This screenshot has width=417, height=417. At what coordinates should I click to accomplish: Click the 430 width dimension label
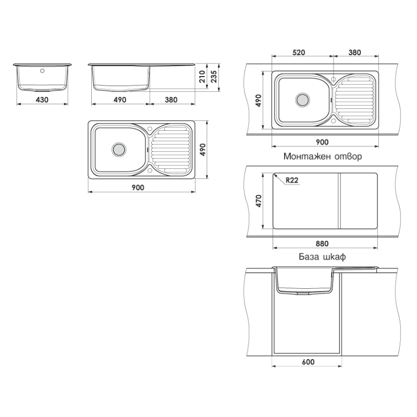tap(42, 100)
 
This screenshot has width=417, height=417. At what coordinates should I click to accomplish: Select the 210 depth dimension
tap(202, 76)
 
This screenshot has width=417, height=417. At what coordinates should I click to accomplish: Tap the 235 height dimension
tap(214, 76)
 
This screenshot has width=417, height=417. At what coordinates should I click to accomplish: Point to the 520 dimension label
tap(299, 53)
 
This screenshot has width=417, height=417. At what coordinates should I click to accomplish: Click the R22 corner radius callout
tap(292, 180)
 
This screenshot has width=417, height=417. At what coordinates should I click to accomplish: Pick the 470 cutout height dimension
tap(259, 201)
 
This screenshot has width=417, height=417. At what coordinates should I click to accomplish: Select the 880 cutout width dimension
tap(322, 243)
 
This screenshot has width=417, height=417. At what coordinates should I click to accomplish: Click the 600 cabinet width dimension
tap(308, 362)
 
